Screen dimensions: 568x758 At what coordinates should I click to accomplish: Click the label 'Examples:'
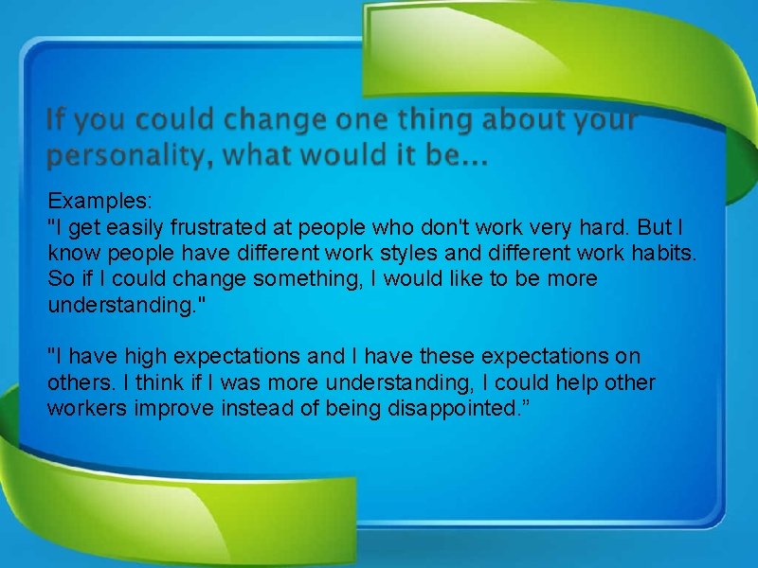point(93,201)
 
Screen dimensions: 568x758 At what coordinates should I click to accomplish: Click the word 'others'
point(77,382)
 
